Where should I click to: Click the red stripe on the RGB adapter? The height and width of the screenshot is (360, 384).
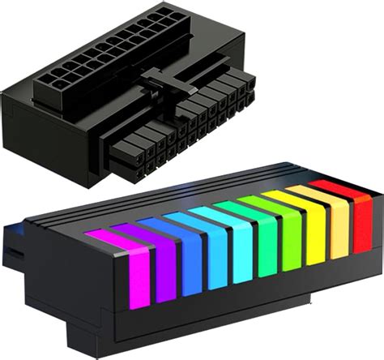tap(348, 209)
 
